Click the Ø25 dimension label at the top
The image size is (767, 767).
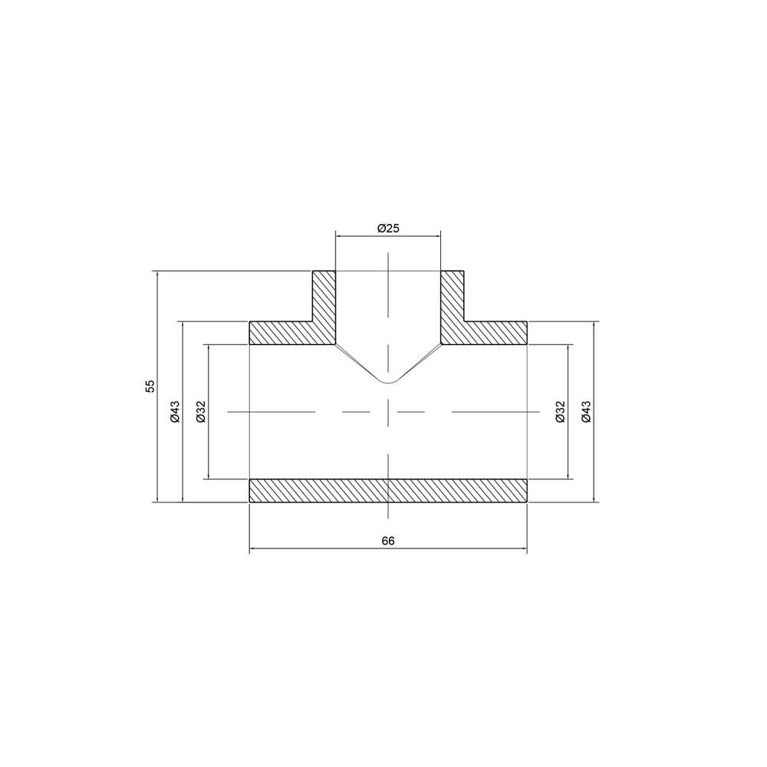point(390,228)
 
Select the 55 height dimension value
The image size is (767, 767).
point(151,386)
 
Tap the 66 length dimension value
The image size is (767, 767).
point(388,541)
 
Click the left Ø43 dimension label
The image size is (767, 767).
point(176,412)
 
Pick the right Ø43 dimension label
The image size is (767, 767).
point(586,412)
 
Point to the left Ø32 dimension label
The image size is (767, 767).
point(201,412)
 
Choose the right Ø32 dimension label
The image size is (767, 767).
point(560,412)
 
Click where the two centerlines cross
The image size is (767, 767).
point(388,413)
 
